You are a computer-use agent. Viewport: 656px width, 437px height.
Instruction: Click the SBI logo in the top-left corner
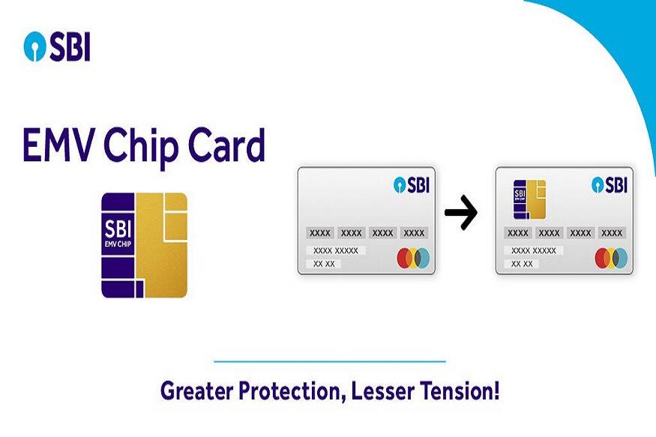tap(57, 47)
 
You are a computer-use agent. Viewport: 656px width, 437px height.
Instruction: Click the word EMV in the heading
tap(58, 146)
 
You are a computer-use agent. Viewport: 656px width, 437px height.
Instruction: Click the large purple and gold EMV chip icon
tap(144, 245)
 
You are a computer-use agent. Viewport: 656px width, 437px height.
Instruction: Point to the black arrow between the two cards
tap(460, 215)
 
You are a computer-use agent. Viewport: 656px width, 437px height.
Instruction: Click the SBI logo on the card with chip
tap(608, 184)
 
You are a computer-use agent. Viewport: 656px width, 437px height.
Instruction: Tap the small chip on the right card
tap(529, 199)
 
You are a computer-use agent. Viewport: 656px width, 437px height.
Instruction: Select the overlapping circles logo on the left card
tap(413, 259)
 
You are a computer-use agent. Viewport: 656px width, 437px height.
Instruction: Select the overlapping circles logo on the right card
tap(611, 259)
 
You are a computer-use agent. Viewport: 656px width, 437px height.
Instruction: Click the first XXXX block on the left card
tap(319, 233)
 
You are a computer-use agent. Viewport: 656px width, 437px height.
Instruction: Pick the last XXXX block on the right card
tap(612, 233)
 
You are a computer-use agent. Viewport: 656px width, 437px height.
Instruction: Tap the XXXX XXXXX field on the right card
tap(534, 250)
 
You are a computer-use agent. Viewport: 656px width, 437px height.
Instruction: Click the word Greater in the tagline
tap(199, 391)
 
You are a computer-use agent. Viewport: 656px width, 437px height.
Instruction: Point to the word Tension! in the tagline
tap(463, 391)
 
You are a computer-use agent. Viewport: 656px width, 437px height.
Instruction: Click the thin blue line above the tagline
tap(330, 361)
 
